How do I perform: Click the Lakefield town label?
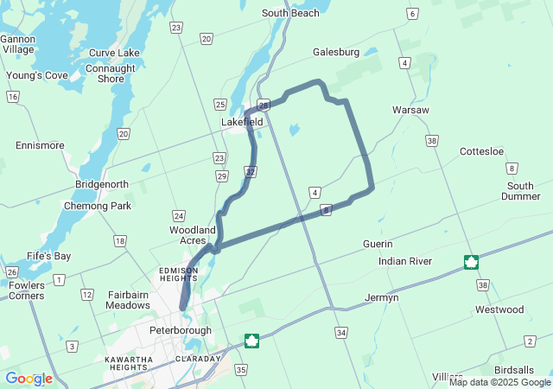pos(242,122)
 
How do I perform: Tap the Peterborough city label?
pos(181,330)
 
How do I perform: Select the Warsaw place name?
pos(410,111)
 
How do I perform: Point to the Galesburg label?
pos(336,52)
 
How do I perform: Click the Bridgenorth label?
pos(102,184)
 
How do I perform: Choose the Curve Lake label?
pos(114,53)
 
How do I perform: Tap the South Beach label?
pos(290,13)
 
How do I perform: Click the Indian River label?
pos(404,261)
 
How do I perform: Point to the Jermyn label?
pos(382,297)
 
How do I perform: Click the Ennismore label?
pos(40,145)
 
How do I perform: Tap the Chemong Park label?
pos(98,206)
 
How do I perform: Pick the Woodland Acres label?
pos(192,235)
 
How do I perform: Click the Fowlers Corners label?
pos(27,290)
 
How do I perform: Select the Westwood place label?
pos(499,309)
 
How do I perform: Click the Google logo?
pos(29,379)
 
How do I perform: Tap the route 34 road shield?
pos(342,332)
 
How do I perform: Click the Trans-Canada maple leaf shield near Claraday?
pos(251,341)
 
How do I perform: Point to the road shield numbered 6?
pos(413,14)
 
